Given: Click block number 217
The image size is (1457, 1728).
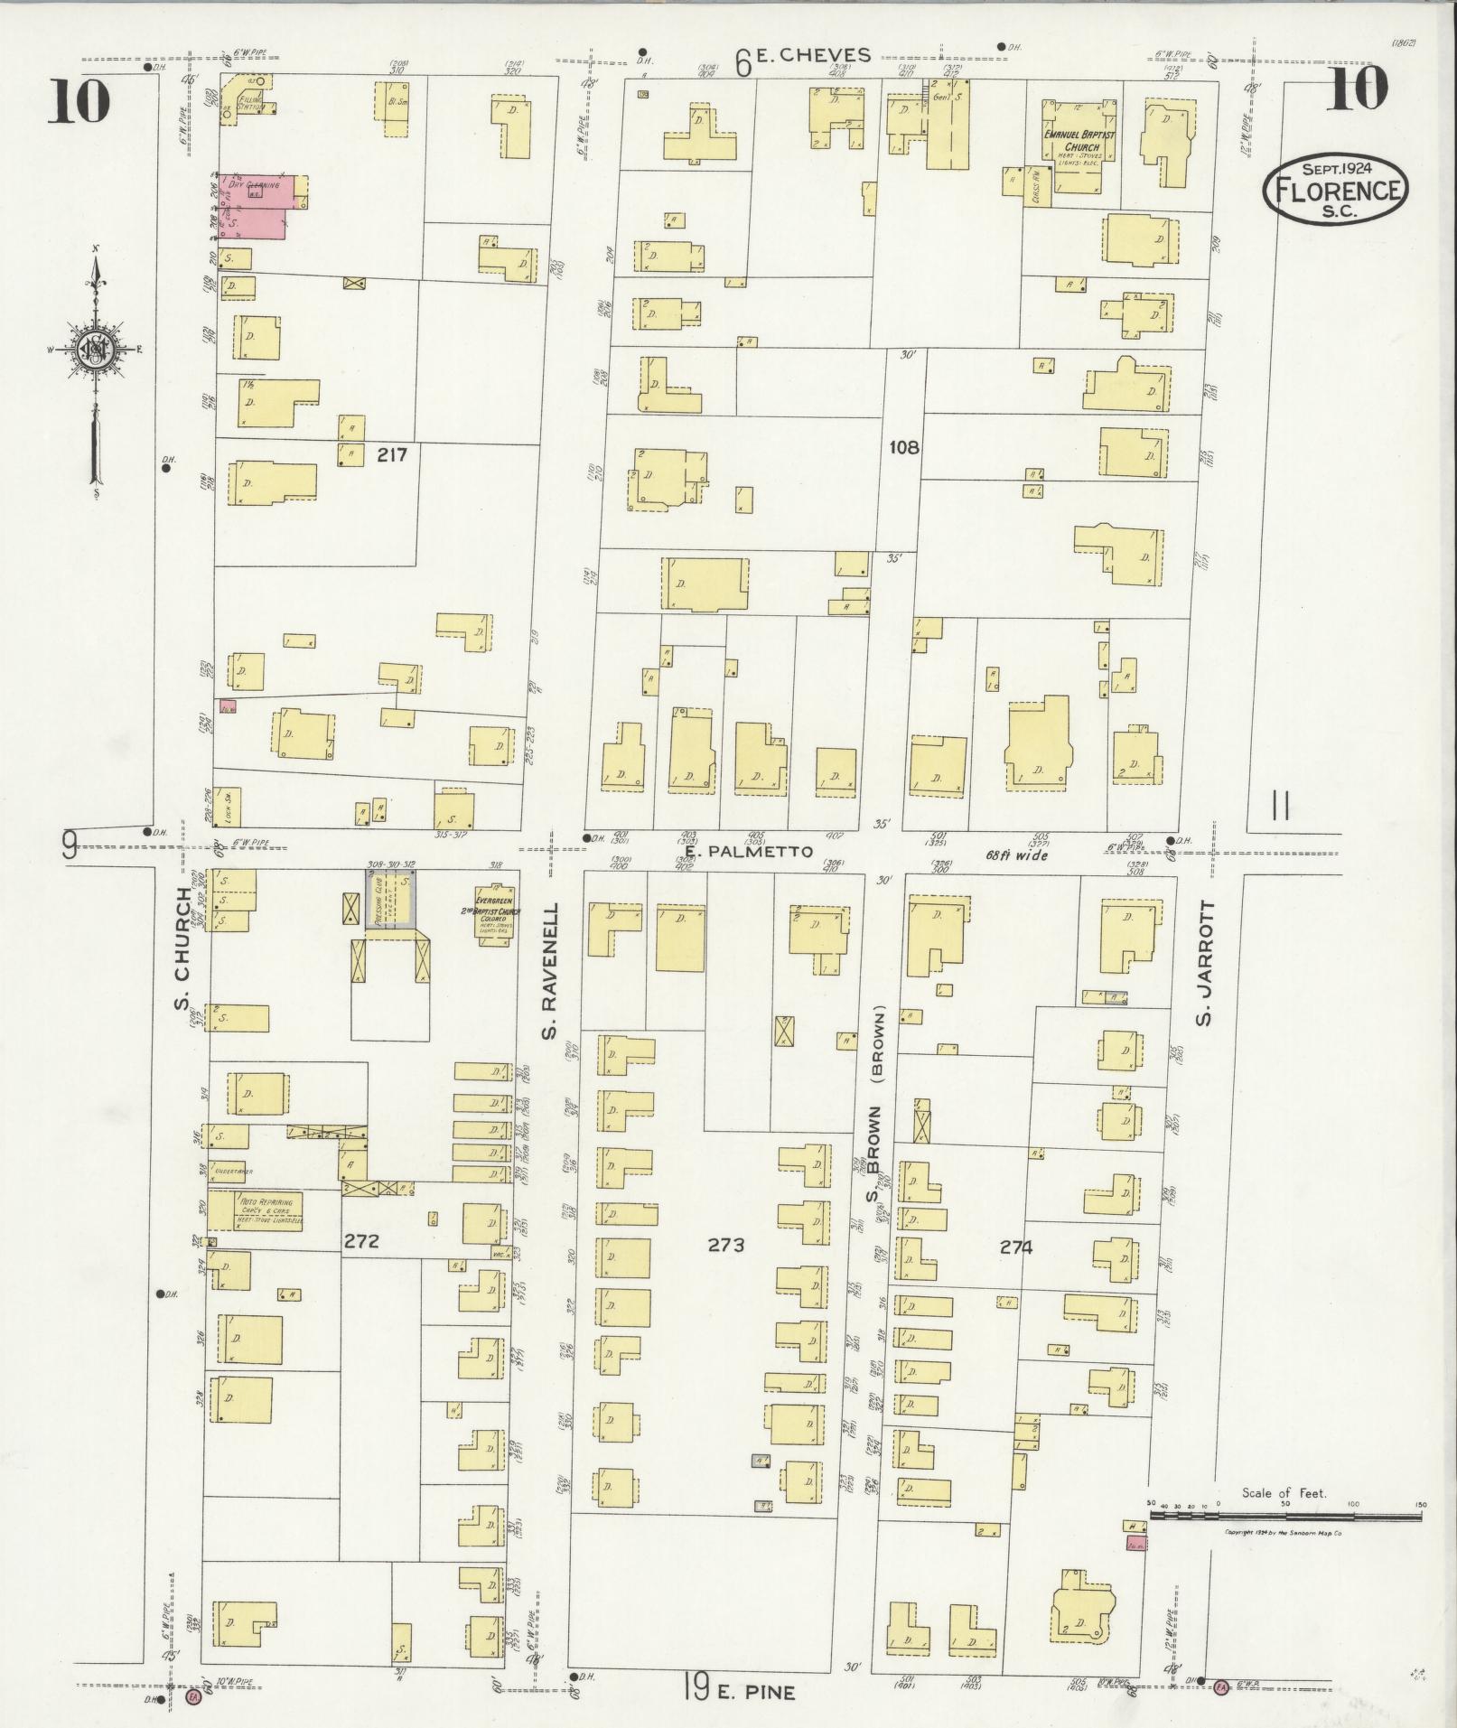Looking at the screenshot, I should (x=392, y=455).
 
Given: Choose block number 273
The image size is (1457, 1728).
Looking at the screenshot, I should (x=726, y=1245).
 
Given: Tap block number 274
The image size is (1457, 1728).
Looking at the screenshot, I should (x=1015, y=1247).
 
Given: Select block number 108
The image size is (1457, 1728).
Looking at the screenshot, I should (x=902, y=446).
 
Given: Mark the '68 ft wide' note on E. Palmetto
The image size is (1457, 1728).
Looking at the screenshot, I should (x=1016, y=855).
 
